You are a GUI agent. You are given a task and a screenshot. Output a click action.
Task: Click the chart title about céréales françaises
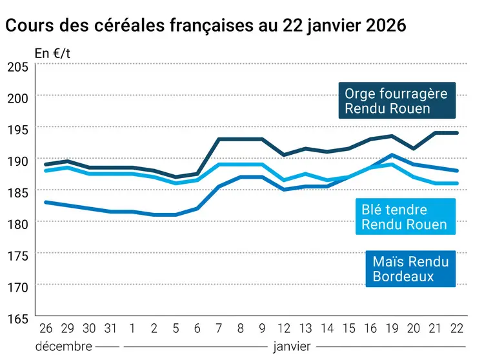coord(206,26)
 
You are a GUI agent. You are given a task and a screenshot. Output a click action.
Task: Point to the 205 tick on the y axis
coord(17,66)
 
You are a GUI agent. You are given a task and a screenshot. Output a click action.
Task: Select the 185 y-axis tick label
coord(17,192)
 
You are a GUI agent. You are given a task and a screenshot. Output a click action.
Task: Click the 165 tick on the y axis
coord(17,318)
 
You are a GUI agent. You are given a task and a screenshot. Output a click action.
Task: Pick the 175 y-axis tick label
coord(17,255)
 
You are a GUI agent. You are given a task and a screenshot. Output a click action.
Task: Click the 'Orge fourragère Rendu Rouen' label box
coord(396,101)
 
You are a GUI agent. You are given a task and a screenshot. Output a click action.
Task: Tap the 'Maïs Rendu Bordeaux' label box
coord(410,269)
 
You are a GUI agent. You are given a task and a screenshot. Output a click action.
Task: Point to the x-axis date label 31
coord(111,328)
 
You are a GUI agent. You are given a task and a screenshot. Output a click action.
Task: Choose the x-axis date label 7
coord(219,328)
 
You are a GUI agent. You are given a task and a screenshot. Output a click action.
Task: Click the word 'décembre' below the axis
coord(63,346)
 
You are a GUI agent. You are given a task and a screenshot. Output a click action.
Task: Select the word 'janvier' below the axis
coord(292,346)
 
